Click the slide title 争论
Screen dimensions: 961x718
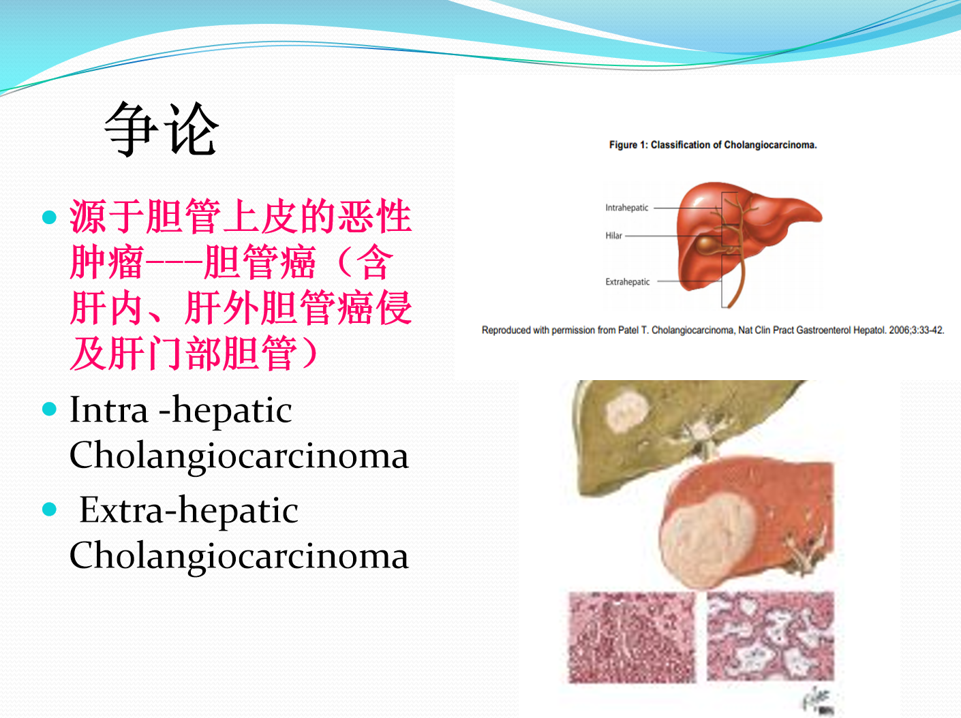click(x=161, y=129)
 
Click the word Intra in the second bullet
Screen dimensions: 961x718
click(x=109, y=410)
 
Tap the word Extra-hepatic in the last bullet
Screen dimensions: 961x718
click(x=189, y=511)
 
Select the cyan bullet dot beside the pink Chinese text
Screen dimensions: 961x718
click(x=50, y=217)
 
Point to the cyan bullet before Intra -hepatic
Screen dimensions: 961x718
click(x=50, y=409)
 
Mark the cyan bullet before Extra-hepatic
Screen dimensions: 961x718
click(x=50, y=509)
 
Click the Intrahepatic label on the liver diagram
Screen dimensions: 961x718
click(x=626, y=208)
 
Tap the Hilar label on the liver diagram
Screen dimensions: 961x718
click(x=613, y=236)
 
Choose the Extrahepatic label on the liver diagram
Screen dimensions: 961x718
click(x=628, y=282)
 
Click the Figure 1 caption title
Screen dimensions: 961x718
click(x=713, y=145)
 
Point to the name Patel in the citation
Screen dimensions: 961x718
click(x=628, y=330)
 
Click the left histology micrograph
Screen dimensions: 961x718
click(x=632, y=637)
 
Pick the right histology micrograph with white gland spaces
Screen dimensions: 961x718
click(x=771, y=636)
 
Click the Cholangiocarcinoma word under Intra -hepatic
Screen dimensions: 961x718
click(x=239, y=456)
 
